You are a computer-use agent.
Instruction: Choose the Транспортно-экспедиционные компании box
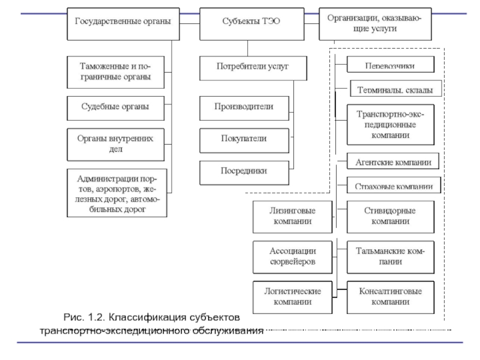coord(391,124)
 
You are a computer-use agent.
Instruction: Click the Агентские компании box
coord(393,161)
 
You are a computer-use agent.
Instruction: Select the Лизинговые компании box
coord(292,217)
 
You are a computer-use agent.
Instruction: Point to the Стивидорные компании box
coord(390,217)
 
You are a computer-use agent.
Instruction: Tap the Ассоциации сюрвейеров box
coord(292,256)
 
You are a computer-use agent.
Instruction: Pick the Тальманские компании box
coord(390,256)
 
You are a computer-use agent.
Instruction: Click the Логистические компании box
coord(292,296)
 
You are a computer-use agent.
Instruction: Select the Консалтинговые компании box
coord(390,296)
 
